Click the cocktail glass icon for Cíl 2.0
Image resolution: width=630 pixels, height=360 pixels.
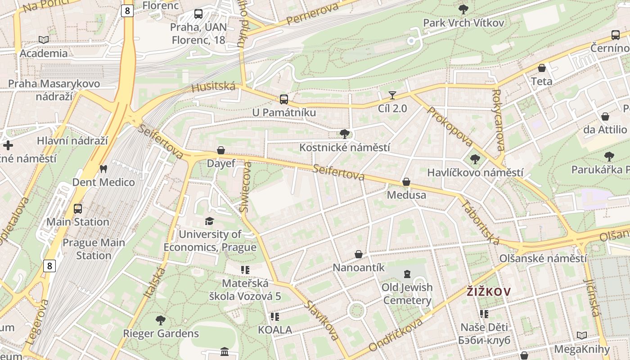click(x=392, y=95)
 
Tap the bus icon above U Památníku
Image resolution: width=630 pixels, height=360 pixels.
click(x=283, y=99)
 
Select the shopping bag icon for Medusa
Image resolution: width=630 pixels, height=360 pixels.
click(x=406, y=182)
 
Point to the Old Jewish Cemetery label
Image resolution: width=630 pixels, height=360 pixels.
click(x=407, y=293)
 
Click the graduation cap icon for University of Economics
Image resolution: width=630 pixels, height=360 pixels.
click(x=209, y=221)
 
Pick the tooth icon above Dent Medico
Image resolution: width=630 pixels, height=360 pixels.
click(x=103, y=169)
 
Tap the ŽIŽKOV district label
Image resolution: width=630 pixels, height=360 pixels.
click(x=489, y=292)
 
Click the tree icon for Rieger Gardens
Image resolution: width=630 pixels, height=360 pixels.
click(x=161, y=320)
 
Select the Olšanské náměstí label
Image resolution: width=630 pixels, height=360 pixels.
click(x=543, y=258)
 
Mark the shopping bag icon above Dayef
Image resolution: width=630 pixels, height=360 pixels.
click(x=221, y=150)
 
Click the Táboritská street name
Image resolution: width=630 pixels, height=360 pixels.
click(x=481, y=222)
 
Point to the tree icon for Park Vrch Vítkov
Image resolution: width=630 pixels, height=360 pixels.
click(x=463, y=9)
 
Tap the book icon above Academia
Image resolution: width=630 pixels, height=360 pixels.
click(x=44, y=40)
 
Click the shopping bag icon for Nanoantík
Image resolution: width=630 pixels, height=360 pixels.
click(x=359, y=254)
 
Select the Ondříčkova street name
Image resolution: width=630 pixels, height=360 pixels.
click(x=396, y=335)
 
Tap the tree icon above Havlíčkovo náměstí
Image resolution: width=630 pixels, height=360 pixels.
click(x=475, y=159)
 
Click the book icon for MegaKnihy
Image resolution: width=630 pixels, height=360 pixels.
click(x=582, y=336)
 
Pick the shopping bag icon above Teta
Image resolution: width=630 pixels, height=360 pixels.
click(x=542, y=68)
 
